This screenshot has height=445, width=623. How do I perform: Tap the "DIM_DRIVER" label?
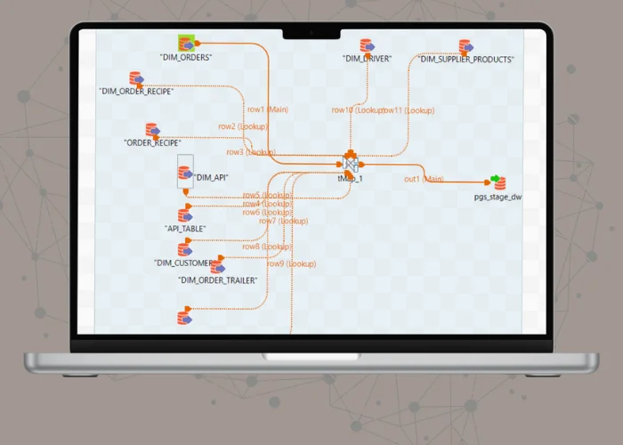pyautogui.click(x=368, y=59)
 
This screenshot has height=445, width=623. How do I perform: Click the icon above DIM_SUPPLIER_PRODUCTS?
pyautogui.click(x=465, y=46)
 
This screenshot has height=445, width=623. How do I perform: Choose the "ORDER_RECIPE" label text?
pyautogui.click(x=152, y=142)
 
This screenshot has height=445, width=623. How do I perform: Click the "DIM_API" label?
pyautogui.click(x=212, y=178)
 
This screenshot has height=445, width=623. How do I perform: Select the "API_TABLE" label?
pyautogui.click(x=186, y=229)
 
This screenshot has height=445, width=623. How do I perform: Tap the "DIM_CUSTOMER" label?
pyautogui.click(x=183, y=263)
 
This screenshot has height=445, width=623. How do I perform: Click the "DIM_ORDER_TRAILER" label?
pyautogui.click(x=218, y=280)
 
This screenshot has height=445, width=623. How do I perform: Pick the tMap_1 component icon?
pyautogui.click(x=351, y=164)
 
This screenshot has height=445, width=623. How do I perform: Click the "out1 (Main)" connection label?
pyautogui.click(x=424, y=179)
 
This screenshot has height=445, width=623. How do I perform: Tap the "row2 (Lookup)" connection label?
pyautogui.click(x=239, y=126)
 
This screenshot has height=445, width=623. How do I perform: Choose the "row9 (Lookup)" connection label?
pyautogui.click(x=288, y=263)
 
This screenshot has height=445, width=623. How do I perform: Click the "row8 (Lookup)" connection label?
pyautogui.click(x=263, y=247)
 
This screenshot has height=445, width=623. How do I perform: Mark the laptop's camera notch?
pyautogui.click(x=311, y=35)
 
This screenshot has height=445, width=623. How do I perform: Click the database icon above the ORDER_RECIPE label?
pyautogui.click(x=152, y=130)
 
